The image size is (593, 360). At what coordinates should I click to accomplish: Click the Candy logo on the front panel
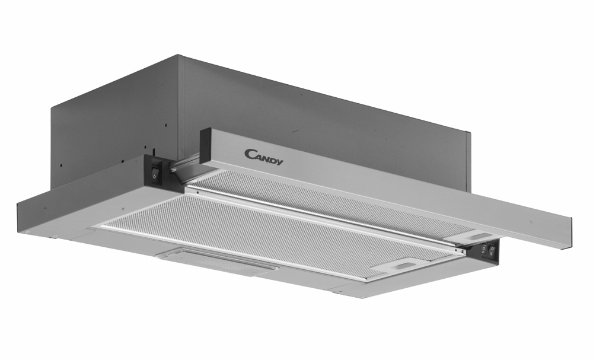point(264,157)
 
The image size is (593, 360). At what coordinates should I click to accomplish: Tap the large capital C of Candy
point(250,154)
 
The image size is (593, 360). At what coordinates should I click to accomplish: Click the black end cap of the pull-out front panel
point(205,145)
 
